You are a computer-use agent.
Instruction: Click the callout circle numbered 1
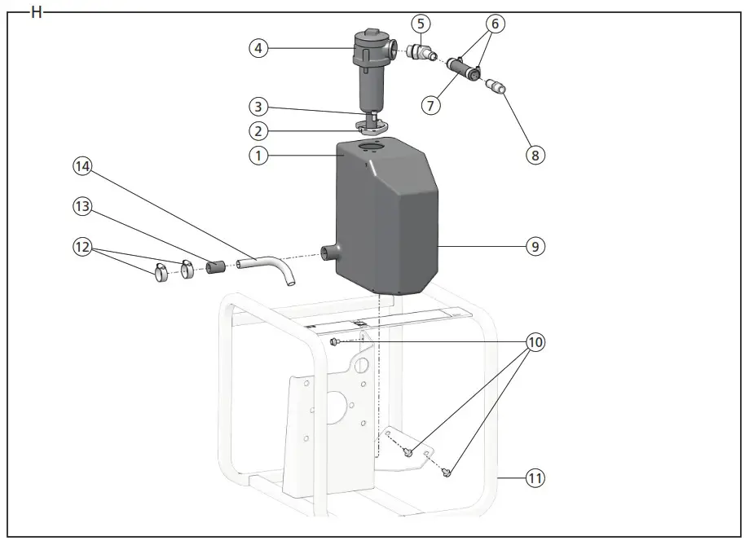[258, 155]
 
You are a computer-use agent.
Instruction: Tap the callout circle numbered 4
[258, 48]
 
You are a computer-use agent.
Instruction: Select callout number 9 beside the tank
[535, 245]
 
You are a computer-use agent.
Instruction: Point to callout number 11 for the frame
[535, 478]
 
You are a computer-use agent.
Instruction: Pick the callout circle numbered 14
[82, 166]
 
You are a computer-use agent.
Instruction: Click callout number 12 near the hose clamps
[82, 245]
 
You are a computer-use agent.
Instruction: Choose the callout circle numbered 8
[535, 155]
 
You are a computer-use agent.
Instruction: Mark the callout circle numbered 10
[535, 342]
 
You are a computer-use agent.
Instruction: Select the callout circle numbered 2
[258, 130]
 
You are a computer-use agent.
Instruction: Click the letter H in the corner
[36, 12]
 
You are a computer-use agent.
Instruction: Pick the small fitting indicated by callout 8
[496, 86]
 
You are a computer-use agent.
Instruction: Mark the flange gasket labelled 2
[371, 127]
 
